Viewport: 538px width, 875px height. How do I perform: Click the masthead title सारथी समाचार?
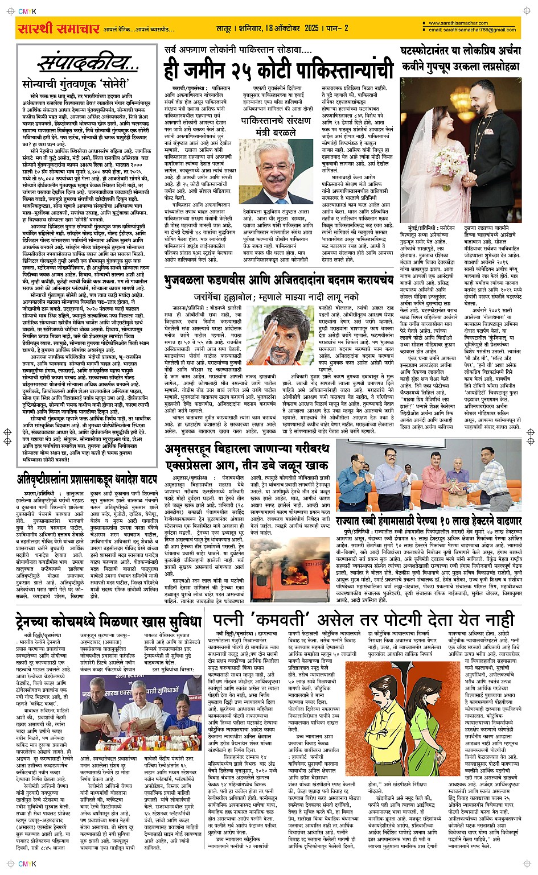click(58, 28)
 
